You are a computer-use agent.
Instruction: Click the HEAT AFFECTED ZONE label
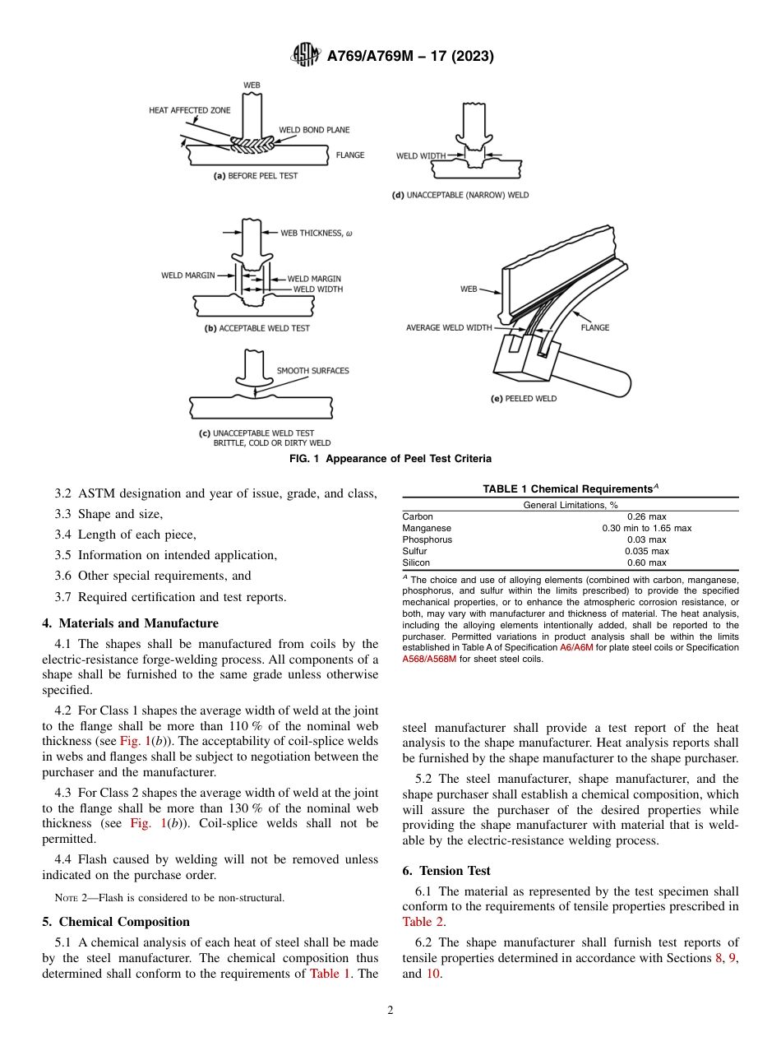(x=189, y=110)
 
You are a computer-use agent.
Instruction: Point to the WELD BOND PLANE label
(x=314, y=130)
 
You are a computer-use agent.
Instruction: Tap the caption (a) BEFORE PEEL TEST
(x=256, y=175)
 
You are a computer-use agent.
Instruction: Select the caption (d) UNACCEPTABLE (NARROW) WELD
(x=460, y=195)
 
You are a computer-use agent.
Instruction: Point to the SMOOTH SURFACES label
(x=312, y=371)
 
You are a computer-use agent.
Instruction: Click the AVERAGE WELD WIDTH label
(x=449, y=327)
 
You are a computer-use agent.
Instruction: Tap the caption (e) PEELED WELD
(x=523, y=399)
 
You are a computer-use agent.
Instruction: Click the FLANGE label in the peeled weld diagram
(x=595, y=327)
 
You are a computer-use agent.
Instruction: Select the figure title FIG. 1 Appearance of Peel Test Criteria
(x=390, y=459)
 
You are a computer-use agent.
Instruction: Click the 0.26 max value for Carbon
(x=646, y=516)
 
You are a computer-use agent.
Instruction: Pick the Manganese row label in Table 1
(x=427, y=528)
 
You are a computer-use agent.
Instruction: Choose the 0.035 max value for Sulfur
(x=646, y=551)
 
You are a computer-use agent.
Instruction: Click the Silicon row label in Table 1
(x=416, y=562)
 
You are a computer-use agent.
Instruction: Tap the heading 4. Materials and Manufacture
(x=131, y=623)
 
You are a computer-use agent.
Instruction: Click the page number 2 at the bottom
(x=390, y=1011)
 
